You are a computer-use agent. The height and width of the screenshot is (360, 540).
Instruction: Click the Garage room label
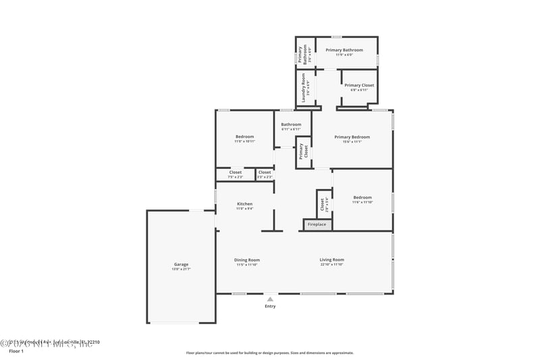pyautogui.click(x=181, y=264)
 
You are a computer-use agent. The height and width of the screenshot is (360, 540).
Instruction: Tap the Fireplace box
pyautogui.click(x=317, y=224)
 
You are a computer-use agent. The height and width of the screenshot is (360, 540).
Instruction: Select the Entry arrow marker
pyautogui.click(x=270, y=298)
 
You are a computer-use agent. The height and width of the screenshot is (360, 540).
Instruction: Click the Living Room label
pyautogui.click(x=331, y=260)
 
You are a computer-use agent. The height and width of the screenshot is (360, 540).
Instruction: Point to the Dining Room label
pyautogui.click(x=247, y=260)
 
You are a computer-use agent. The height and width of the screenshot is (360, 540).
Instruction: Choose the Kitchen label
pyautogui.click(x=244, y=204)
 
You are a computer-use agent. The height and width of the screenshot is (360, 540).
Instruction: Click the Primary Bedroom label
pyautogui.click(x=352, y=137)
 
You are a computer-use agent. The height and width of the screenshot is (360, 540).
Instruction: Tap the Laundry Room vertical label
pyautogui.click(x=304, y=88)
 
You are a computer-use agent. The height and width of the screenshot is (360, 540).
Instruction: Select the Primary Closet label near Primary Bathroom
pyautogui.click(x=358, y=85)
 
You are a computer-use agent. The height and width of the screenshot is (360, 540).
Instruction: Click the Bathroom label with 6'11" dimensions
pyautogui.click(x=291, y=124)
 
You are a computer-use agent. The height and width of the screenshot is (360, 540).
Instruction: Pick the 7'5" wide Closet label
pyautogui.click(x=235, y=172)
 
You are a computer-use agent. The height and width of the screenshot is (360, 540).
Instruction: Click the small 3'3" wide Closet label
pyautogui.click(x=265, y=172)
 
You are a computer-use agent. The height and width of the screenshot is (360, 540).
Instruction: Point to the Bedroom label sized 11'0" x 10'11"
pyautogui.click(x=244, y=137)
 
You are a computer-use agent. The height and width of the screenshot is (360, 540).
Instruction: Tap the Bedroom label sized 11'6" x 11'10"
pyautogui.click(x=362, y=197)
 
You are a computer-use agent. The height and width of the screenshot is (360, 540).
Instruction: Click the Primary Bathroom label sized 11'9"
pyautogui.click(x=344, y=50)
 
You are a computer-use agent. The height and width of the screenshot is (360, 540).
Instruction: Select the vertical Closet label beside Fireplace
pyautogui.click(x=323, y=203)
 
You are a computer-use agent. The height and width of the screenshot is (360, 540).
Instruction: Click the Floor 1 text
pyautogui.click(x=16, y=351)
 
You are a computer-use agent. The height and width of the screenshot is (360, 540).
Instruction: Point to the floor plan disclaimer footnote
pyautogui.click(x=269, y=353)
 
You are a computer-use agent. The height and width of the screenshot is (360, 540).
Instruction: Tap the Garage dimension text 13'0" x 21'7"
pyautogui.click(x=181, y=269)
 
